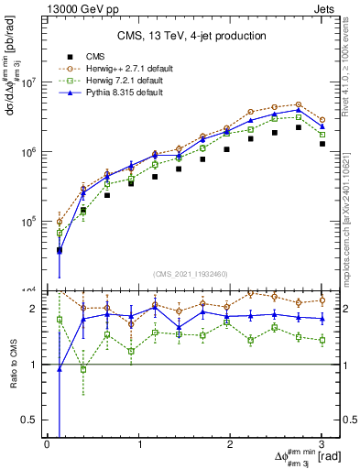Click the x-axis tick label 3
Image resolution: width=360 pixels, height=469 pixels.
point(322,445)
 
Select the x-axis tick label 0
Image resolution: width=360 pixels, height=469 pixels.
point(47,445)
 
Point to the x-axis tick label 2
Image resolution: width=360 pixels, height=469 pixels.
point(231,445)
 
